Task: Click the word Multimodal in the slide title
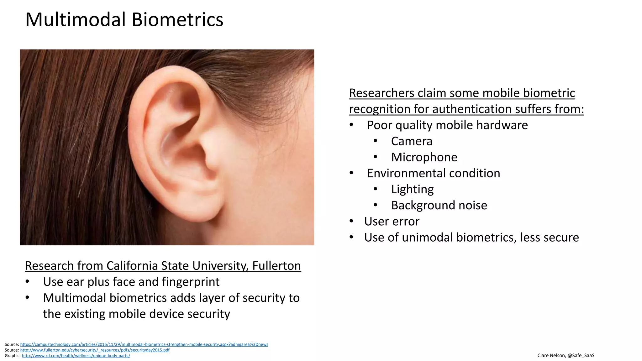[x=76, y=19]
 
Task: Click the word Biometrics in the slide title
[x=177, y=19]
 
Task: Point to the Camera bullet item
[x=412, y=141]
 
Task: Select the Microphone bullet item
[x=424, y=157]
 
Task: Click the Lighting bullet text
[x=412, y=189]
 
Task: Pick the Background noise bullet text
[x=439, y=206]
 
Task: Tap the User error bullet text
[x=392, y=222]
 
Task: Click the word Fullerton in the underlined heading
[x=276, y=266]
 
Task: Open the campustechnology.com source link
[x=144, y=344]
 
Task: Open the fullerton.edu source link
[x=95, y=350]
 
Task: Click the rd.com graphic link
[x=76, y=356]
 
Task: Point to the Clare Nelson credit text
[x=566, y=355]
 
